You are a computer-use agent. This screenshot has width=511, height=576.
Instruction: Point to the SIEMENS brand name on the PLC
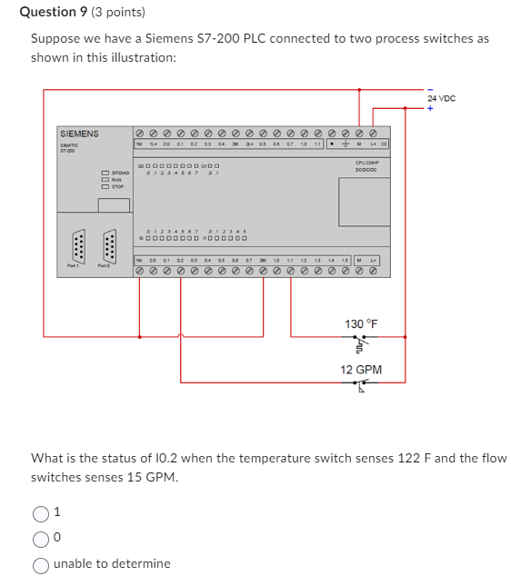pos(79,134)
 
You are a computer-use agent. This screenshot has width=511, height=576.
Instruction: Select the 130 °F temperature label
pos(361,324)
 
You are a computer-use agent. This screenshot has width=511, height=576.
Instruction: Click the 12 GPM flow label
pos(361,370)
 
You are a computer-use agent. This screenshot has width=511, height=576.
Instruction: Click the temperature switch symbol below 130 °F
pos(361,345)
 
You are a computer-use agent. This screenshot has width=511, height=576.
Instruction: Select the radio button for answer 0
pos(42,539)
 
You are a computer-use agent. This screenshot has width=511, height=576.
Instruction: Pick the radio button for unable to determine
pos(42,563)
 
